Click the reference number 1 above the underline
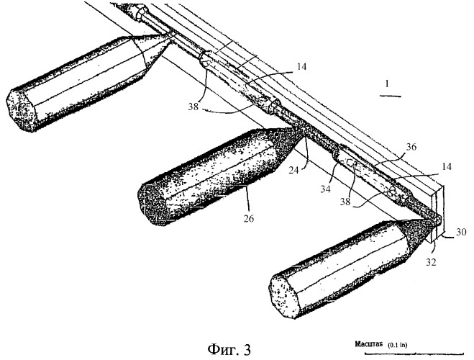tap(387, 84)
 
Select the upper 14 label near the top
tap(301, 66)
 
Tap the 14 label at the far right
tap(445, 167)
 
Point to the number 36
tap(411, 147)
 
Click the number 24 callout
tap(293, 171)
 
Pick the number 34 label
tap(325, 189)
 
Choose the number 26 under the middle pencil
tap(249, 218)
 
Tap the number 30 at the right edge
tap(461, 232)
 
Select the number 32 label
tap(431, 262)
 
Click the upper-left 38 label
tap(193, 107)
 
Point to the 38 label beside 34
tap(345, 202)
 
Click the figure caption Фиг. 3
tap(229, 350)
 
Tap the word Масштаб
tap(369, 344)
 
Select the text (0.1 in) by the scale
tap(398, 345)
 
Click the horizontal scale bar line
tap(414, 353)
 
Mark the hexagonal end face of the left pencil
tap(22, 110)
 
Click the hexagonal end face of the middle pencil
tap(152, 204)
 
